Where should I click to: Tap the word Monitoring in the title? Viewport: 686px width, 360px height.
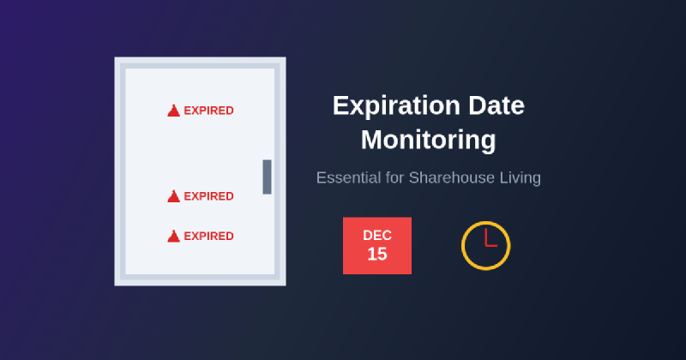tap(428, 139)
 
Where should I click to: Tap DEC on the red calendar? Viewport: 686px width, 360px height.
tap(377, 235)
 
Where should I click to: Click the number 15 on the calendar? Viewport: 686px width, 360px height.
tap(377, 255)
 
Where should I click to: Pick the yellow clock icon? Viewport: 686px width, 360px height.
tap(486, 246)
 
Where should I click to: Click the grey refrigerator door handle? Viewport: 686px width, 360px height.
tap(267, 177)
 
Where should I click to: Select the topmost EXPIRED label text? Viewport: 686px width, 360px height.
tap(208, 111)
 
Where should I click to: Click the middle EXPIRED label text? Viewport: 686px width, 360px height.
tap(208, 196)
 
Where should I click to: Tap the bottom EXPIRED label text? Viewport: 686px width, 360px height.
tap(208, 236)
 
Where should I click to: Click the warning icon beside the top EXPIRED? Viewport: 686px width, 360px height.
tap(173, 111)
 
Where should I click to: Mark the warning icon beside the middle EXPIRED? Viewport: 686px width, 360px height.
tap(173, 196)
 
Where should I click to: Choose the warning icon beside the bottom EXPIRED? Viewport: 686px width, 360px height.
tap(173, 236)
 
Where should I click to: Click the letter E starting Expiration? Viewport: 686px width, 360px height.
tap(340, 105)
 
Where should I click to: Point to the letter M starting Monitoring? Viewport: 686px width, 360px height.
tap(371, 139)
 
